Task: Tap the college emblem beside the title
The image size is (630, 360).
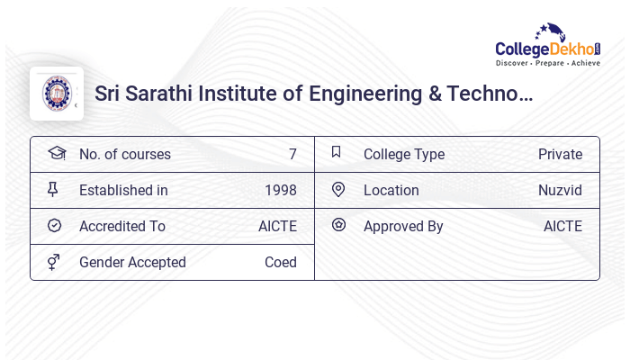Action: point(57,93)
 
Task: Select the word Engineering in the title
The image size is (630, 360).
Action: point(360,93)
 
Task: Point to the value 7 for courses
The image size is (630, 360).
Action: point(292,155)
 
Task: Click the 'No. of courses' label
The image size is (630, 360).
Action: point(124,155)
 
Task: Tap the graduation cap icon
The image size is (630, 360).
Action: point(56,153)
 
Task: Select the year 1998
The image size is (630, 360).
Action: point(280,191)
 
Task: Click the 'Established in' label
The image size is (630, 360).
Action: point(123,191)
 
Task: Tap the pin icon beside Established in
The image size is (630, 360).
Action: point(54,189)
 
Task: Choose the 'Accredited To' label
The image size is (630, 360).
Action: point(122,227)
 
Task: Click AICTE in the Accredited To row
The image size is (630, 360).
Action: point(277,227)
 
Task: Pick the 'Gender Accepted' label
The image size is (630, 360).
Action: point(132,263)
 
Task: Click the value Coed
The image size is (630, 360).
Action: point(280,263)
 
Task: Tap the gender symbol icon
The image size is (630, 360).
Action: point(54,262)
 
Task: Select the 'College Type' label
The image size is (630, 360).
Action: point(403,155)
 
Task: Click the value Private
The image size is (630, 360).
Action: point(560,155)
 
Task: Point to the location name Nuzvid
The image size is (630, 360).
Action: point(560,191)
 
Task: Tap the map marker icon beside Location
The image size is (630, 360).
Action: point(338,189)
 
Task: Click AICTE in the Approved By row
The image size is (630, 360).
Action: point(562,227)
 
